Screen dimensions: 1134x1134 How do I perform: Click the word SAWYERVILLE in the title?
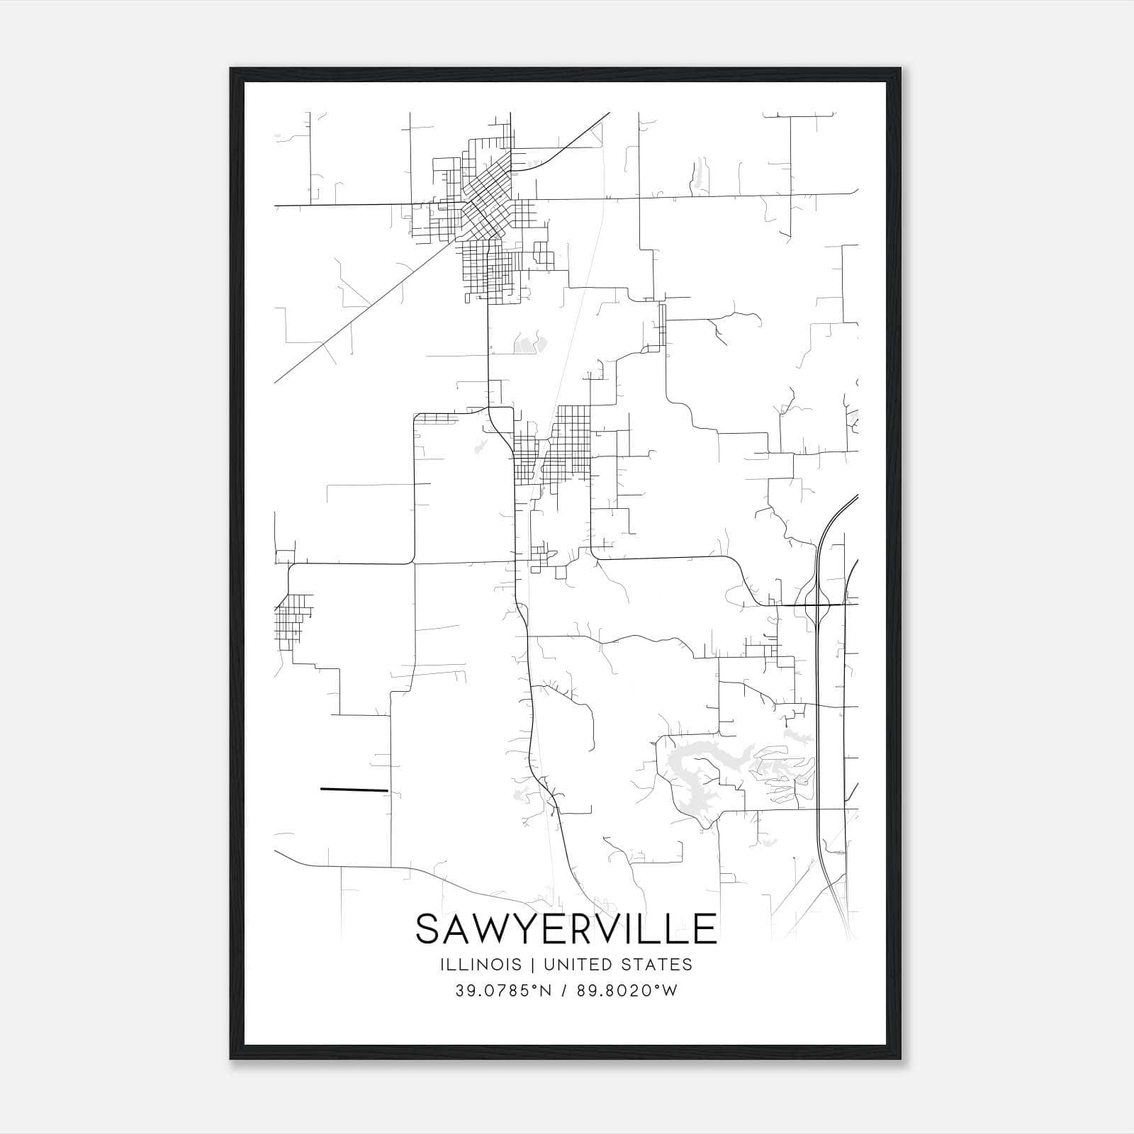click(566, 928)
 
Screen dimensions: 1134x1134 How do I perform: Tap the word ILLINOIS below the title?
click(481, 965)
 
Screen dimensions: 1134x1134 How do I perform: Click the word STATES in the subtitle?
click(658, 965)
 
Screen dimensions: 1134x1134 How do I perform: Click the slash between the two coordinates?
click(563, 991)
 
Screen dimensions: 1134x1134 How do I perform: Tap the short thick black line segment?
click(354, 789)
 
